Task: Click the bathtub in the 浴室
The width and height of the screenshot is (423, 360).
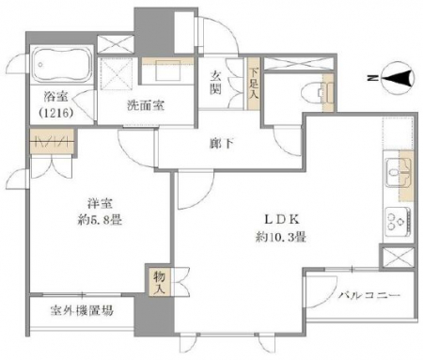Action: [62, 65]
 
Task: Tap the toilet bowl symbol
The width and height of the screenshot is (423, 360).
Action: [313, 93]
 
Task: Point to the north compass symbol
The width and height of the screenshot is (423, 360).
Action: [398, 78]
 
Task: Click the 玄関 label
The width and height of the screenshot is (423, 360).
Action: [215, 83]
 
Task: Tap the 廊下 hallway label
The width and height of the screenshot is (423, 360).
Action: [222, 144]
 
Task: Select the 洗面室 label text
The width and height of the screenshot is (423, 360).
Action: [146, 105]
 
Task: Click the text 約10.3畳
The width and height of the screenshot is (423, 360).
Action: [280, 237]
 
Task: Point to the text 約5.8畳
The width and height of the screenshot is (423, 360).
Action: [100, 220]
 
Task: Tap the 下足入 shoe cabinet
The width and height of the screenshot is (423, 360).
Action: [254, 84]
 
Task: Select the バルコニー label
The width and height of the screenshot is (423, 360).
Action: [369, 295]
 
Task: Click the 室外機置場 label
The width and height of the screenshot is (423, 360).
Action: [82, 311]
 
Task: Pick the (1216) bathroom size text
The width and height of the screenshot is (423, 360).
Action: [56, 113]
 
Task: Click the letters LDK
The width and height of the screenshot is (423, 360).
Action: [281, 220]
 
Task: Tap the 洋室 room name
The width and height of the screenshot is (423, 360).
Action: [100, 204]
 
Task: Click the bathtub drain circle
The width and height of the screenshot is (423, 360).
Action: [40, 65]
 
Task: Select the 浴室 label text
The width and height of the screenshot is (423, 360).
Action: [56, 97]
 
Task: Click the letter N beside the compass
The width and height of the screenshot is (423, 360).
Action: [373, 78]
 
